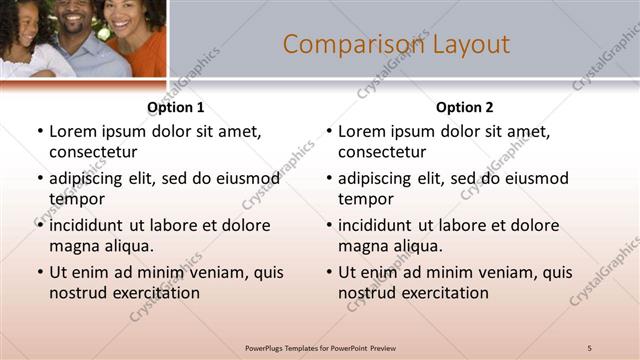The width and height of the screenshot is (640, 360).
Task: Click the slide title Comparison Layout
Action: [396, 44]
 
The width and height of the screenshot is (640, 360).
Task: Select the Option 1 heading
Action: [176, 107]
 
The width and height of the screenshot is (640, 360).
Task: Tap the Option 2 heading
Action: [465, 107]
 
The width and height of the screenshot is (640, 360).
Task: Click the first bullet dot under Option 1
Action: [39, 132]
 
